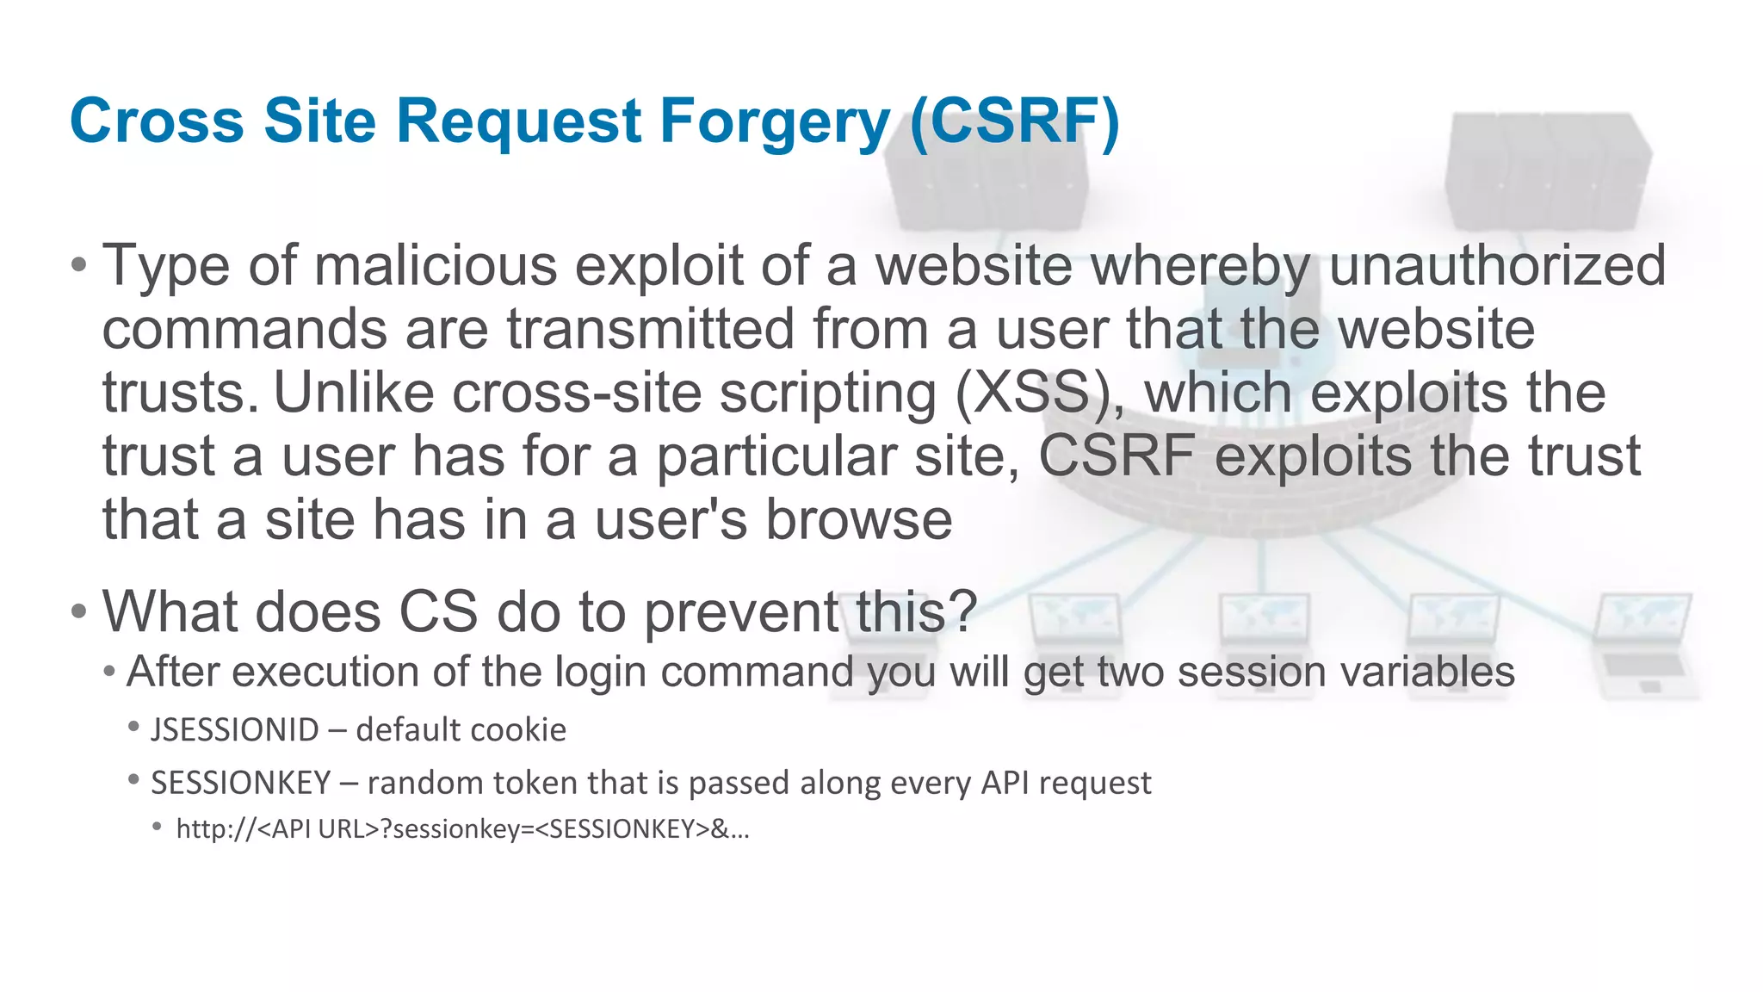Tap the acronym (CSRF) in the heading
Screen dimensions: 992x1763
(1014, 121)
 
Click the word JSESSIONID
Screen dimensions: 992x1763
(235, 730)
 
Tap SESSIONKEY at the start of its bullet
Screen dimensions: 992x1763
(241, 783)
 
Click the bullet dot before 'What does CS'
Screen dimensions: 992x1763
(79, 612)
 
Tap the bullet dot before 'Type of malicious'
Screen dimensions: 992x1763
(79, 265)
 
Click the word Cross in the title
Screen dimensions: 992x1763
(158, 121)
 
